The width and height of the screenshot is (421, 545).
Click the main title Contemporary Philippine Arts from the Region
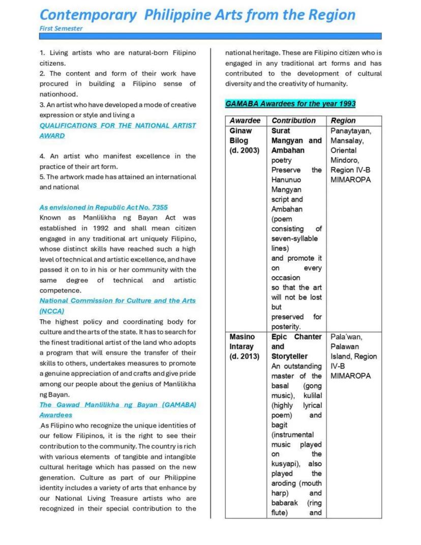197,14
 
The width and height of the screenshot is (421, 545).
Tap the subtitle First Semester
61,28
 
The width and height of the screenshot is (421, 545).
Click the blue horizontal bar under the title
210,36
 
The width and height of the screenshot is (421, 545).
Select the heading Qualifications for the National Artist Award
117,131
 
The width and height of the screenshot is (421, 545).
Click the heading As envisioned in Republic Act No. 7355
103,207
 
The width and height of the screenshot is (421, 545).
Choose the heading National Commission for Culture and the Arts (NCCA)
117,306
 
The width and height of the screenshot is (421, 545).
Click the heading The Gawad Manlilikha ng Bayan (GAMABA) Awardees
117,410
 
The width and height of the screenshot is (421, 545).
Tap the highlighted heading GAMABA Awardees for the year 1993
290,104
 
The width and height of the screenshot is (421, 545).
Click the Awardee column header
245,121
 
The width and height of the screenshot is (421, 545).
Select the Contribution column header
293,121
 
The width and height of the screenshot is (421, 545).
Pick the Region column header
343,121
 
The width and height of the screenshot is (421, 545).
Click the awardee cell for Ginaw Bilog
244,140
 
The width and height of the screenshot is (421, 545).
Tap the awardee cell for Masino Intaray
245,346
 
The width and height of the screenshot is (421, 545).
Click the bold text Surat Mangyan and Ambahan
296,140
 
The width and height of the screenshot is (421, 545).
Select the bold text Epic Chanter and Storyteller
296,346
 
